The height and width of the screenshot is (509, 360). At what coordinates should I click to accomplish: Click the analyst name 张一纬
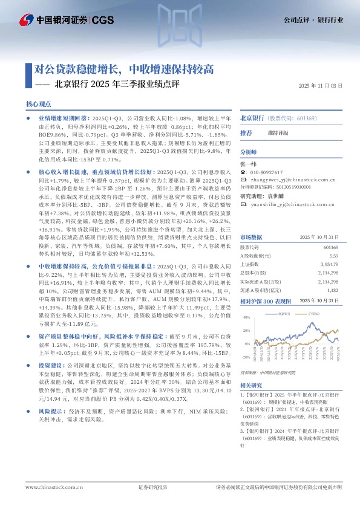coord(249,163)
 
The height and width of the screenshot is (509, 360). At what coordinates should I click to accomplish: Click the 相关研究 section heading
coord(252,385)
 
